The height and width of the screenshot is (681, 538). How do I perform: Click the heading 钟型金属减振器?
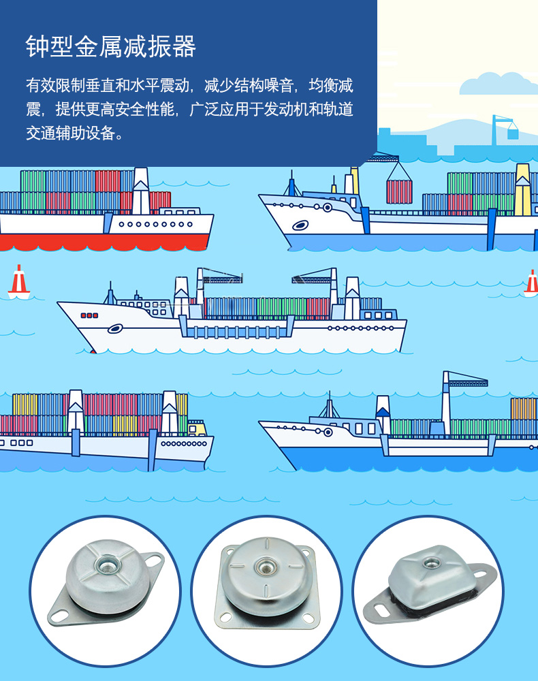tap(111, 46)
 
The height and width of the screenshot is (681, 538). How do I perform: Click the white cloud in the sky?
tap(499, 84)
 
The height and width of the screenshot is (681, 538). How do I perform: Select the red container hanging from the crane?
tap(399, 192)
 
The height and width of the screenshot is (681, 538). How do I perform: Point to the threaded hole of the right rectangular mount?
tap(431, 563)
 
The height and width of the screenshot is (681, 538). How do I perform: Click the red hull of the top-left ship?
tap(104, 242)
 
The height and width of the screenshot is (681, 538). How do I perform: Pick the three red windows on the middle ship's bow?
tap(89, 315)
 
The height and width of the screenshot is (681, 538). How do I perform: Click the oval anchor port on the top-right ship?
tap(300, 225)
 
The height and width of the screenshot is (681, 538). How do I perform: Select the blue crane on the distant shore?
tap(505, 129)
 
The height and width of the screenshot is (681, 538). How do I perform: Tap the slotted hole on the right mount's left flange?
tap(381, 608)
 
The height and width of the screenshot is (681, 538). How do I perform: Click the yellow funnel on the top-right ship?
tap(522, 190)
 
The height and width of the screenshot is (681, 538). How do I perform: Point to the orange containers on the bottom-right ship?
tap(524, 409)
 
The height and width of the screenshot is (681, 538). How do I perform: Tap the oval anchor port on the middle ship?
tap(115, 329)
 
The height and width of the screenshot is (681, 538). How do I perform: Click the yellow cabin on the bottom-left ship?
tap(197, 428)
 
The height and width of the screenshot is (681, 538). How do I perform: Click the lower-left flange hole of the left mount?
tap(59, 615)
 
